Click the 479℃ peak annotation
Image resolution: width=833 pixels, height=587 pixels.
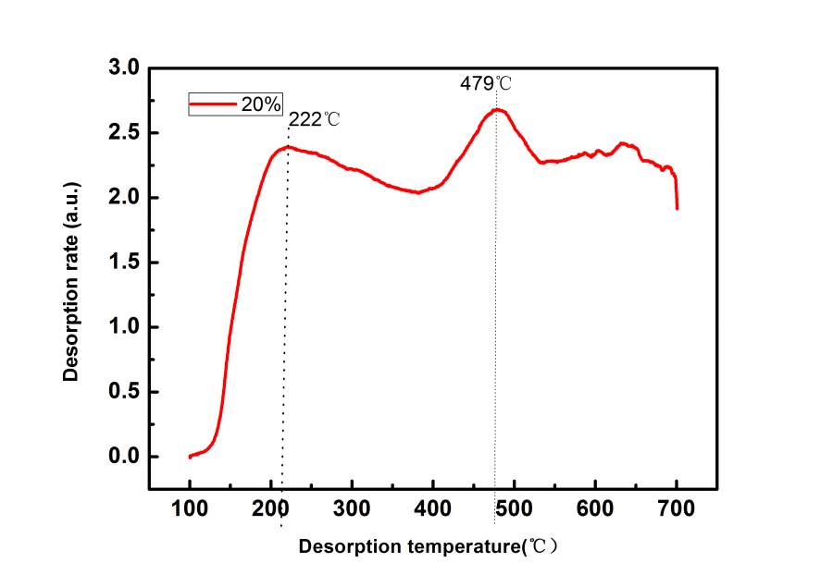click(x=485, y=83)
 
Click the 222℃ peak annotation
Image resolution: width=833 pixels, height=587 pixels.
click(x=315, y=119)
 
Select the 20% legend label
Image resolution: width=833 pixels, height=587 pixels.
click(x=261, y=104)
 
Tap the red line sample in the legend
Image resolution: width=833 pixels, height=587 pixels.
click(x=212, y=104)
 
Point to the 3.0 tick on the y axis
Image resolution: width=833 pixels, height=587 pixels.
click(x=124, y=68)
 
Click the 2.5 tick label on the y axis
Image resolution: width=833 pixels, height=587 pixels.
click(x=124, y=133)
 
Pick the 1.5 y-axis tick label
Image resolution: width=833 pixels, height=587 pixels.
click(x=124, y=263)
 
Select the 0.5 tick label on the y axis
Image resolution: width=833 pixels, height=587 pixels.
click(x=124, y=392)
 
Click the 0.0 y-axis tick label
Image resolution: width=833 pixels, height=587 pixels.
click(x=124, y=457)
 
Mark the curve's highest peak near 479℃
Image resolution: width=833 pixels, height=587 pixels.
click(x=497, y=109)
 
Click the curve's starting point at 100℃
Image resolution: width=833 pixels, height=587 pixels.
click(x=190, y=457)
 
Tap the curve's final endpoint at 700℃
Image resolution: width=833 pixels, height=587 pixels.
click(x=677, y=208)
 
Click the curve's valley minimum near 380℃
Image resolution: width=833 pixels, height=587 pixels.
click(x=417, y=192)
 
